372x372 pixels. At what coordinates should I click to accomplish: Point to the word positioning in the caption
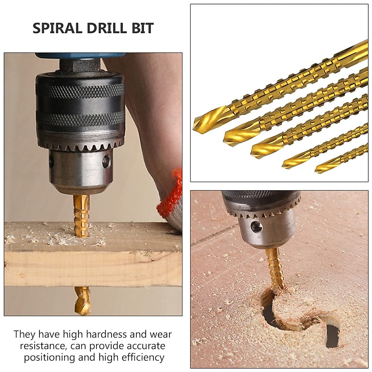coord(49,357)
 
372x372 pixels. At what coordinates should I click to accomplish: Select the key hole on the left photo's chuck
coord(106,160)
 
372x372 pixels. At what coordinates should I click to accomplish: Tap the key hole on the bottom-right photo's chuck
coord(257,226)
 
